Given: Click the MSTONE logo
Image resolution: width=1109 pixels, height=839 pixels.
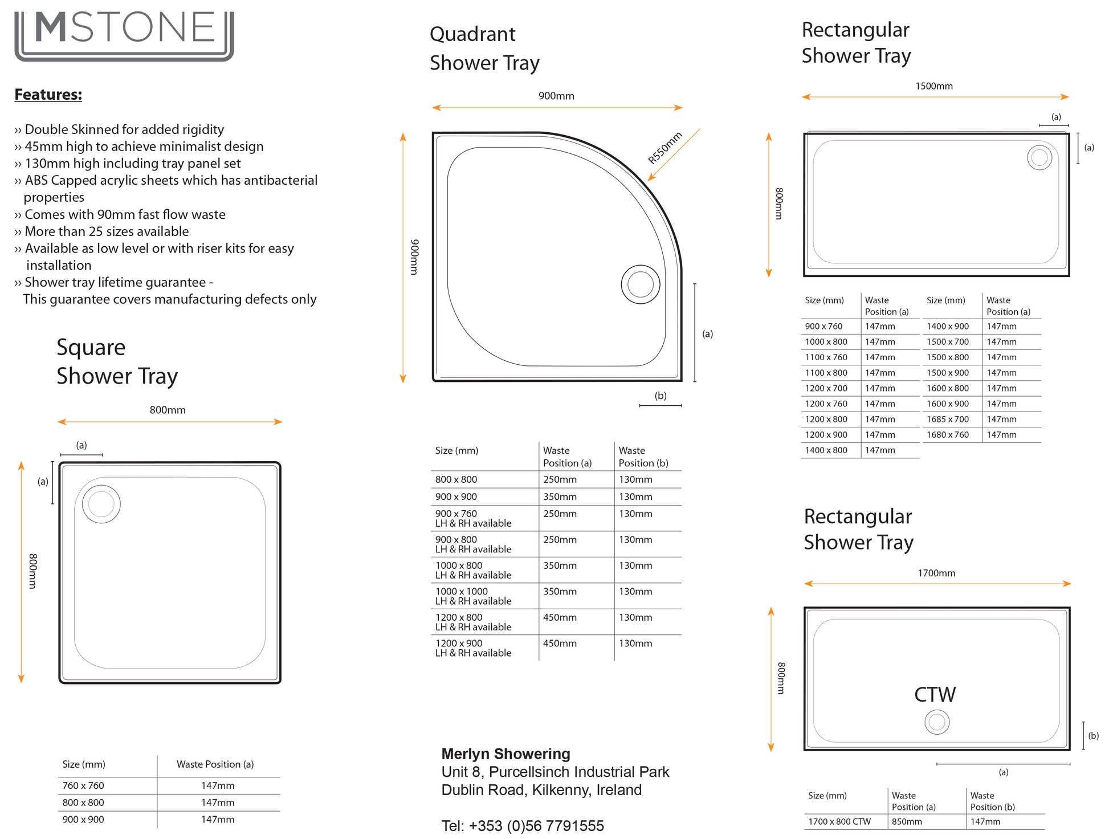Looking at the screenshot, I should pyautogui.click(x=124, y=34).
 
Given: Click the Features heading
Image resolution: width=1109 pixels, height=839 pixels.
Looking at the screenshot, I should pyautogui.click(x=48, y=95).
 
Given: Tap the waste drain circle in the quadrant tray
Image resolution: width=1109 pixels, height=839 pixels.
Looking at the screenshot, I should pyautogui.click(x=641, y=284).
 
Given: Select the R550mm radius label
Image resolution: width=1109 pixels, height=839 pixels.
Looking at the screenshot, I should pyautogui.click(x=665, y=148).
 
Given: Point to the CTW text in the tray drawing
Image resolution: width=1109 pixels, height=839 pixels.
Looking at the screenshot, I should pyautogui.click(x=935, y=695).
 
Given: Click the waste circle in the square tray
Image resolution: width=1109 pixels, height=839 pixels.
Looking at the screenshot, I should pyautogui.click(x=101, y=504).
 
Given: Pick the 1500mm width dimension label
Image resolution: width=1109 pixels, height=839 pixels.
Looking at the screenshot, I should pyautogui.click(x=934, y=86).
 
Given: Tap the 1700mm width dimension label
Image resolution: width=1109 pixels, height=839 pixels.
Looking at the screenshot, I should pyautogui.click(x=936, y=573).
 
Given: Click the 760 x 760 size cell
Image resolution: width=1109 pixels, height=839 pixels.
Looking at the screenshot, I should pyautogui.click(x=83, y=785).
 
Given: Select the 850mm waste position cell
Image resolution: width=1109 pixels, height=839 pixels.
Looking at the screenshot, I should pyautogui.click(x=907, y=821).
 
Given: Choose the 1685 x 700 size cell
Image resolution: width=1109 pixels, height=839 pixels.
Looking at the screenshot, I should pyautogui.click(x=948, y=419).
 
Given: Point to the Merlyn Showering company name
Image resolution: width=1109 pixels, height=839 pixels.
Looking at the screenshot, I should pyautogui.click(x=505, y=754).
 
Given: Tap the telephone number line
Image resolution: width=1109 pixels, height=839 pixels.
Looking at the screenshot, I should pyautogui.click(x=523, y=825).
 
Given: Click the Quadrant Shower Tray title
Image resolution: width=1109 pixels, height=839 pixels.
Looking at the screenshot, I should pyautogui.click(x=484, y=48).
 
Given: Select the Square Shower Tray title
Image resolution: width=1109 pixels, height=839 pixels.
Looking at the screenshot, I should pyautogui.click(x=117, y=361).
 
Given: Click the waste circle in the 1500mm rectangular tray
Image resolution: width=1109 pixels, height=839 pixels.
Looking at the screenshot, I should pyautogui.click(x=1039, y=157).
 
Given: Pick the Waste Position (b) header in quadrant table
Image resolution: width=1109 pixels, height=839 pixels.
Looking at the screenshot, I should pyautogui.click(x=643, y=457).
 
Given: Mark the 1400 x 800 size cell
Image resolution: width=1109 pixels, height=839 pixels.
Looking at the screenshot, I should pyautogui.click(x=826, y=450).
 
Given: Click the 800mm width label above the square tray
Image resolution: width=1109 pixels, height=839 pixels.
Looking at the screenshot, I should pyautogui.click(x=168, y=410).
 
